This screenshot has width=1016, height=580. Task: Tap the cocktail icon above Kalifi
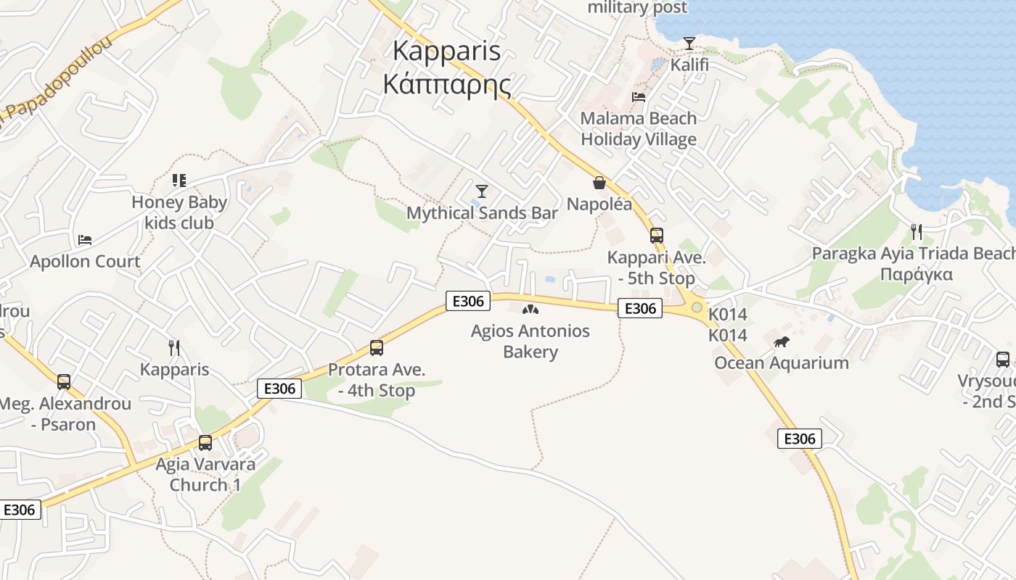coord(689,43)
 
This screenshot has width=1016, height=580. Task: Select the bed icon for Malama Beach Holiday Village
coord(639,96)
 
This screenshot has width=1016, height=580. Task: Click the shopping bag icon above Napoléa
coord(599,183)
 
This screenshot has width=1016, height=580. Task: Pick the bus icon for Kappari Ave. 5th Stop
coord(656,236)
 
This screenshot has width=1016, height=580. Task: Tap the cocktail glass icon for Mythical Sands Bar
coord(481,191)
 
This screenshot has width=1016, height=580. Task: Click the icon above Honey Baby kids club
coord(179,181)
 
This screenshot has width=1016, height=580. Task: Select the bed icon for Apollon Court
coord(85,239)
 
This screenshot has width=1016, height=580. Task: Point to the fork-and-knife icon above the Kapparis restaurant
coord(174,348)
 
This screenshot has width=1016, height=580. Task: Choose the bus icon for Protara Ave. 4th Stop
coord(376,348)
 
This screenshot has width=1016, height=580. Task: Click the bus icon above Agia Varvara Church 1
coord(205,442)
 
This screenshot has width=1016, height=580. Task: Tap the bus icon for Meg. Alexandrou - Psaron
coord(64,381)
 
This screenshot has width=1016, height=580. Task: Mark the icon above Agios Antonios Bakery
coord(530,310)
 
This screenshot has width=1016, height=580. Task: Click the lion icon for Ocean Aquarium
coord(781,341)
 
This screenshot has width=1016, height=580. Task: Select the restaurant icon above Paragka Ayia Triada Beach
coord(917,232)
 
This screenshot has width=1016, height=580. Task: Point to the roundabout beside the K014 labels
coord(697,307)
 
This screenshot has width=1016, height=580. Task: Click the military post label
coord(637,8)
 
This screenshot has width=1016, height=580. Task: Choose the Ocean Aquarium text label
coord(782,363)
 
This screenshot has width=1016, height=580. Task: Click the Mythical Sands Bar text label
coord(482,213)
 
